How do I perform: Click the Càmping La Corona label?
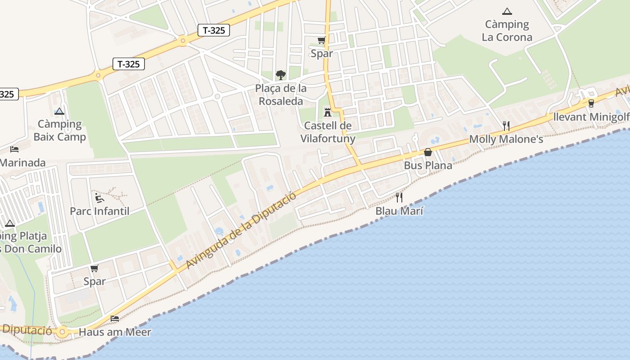tap(507, 31)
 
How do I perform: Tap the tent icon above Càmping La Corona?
tap(507, 11)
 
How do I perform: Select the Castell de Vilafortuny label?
tap(328, 132)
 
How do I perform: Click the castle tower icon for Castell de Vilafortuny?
tap(328, 112)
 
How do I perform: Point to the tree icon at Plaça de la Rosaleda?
tap(281, 75)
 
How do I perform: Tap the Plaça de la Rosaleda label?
tap(281, 94)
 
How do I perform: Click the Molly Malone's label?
tap(506, 139)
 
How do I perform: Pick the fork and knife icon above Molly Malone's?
tap(506, 126)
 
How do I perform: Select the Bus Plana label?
tap(428, 165)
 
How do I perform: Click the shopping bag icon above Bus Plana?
tap(428, 152)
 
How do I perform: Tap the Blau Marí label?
tap(399, 211)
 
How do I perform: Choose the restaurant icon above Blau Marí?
tap(399, 197)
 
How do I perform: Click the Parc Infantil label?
tap(99, 211)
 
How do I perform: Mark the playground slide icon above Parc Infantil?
tap(99, 198)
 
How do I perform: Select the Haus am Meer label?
tap(115, 332)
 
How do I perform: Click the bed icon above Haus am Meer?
tap(115, 319)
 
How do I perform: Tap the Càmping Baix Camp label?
tap(59, 130)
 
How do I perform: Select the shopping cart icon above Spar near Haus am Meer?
tap(94, 269)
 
